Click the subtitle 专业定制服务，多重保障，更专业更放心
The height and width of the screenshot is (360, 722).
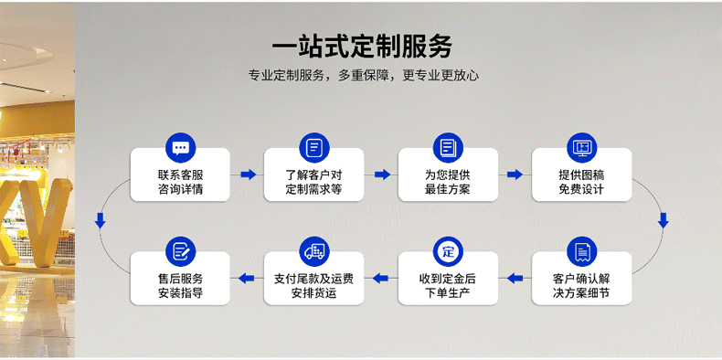coord(363,76)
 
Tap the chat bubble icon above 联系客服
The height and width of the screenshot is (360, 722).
coord(180,146)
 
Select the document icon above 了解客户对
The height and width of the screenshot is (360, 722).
coord(313,146)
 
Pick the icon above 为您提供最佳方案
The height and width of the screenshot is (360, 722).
coord(448,146)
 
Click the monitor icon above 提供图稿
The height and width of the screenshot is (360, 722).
coord(581,146)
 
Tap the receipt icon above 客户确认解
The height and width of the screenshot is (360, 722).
coord(581,250)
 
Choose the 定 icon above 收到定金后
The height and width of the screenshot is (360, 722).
coord(448,250)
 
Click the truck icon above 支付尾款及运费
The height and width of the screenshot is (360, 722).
coord(313,250)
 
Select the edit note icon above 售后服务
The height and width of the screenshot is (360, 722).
coord(180,250)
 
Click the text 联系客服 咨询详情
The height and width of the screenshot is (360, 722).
coord(180,182)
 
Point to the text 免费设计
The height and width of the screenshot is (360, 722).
coord(581,190)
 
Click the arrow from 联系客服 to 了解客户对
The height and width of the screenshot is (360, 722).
coord(247,174)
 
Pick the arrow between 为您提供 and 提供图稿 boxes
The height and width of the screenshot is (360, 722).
coord(515,174)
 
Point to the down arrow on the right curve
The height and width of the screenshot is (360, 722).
coord(664,219)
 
